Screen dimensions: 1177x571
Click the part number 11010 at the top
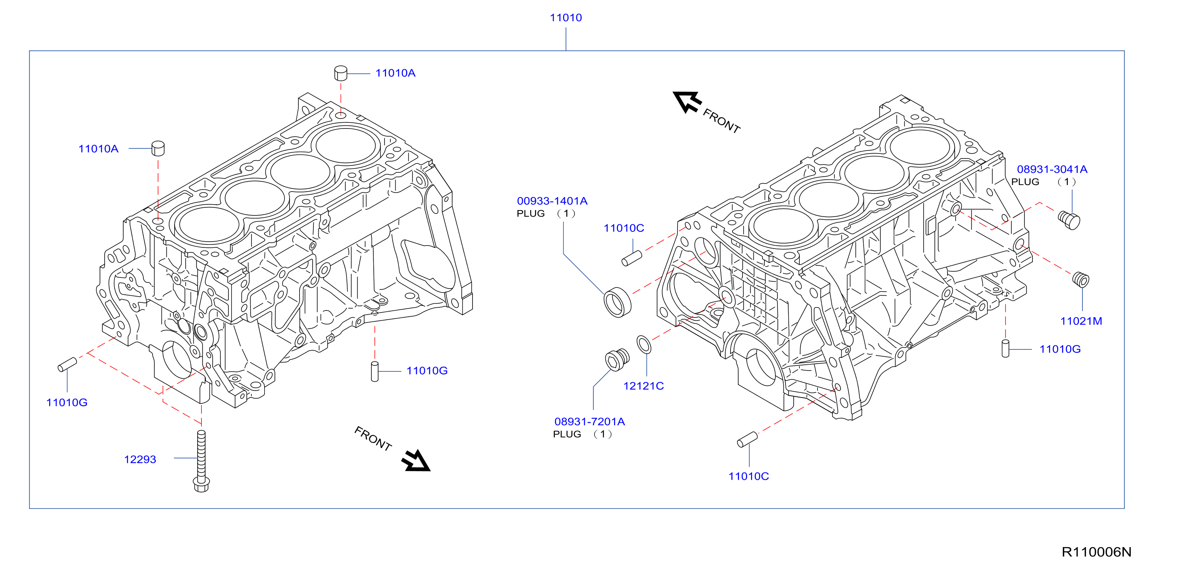pyautogui.click(x=566, y=18)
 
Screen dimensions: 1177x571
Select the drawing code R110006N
pyautogui.click(x=1096, y=552)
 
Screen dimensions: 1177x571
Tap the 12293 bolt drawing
pyautogui.click(x=201, y=461)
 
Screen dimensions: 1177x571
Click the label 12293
pyautogui.click(x=140, y=459)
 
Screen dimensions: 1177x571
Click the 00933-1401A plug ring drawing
pyautogui.click(x=618, y=302)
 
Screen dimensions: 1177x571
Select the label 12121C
pyautogui.click(x=643, y=386)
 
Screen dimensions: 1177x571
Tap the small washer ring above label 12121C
pyautogui.click(x=644, y=345)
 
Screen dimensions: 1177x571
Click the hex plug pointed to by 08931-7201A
pyautogui.click(x=617, y=359)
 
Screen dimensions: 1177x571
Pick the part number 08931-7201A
pyautogui.click(x=589, y=422)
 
